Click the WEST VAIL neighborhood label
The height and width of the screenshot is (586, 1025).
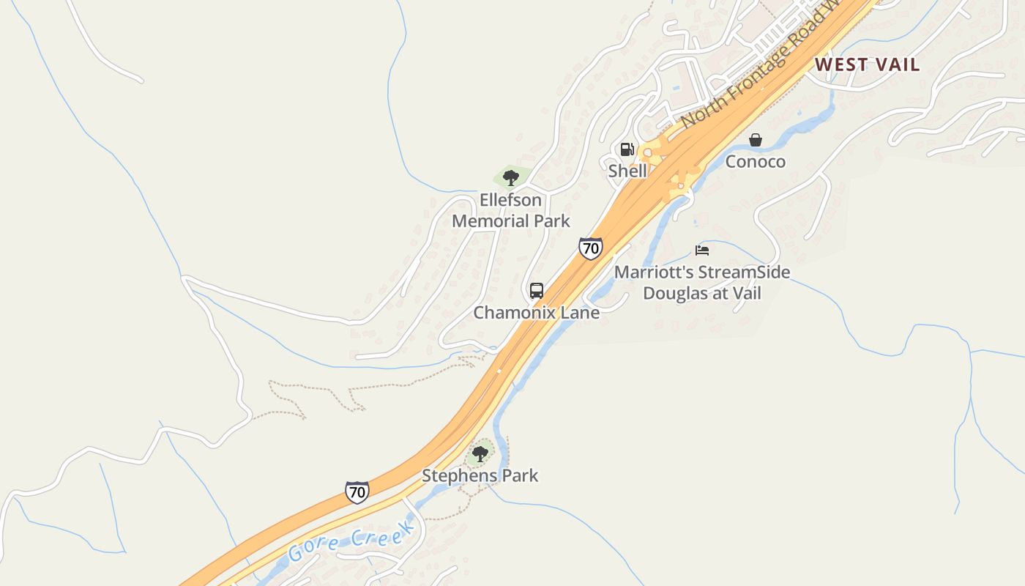(x=867, y=64)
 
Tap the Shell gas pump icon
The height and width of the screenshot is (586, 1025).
(x=627, y=150)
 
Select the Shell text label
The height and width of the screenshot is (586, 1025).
(x=627, y=171)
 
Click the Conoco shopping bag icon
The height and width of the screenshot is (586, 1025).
(x=756, y=140)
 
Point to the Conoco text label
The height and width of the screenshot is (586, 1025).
(x=756, y=161)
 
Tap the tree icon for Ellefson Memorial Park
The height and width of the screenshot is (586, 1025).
(x=511, y=177)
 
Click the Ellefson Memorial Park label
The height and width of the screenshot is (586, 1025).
(x=511, y=210)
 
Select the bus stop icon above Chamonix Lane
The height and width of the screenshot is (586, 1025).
(x=537, y=291)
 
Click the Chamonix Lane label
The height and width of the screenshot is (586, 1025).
(x=537, y=313)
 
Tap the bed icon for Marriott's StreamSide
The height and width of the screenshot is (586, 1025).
(x=702, y=251)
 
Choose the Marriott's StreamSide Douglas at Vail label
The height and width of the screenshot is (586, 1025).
(x=702, y=283)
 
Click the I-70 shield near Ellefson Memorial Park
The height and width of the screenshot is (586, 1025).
(x=590, y=248)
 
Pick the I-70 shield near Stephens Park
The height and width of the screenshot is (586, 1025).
(x=357, y=492)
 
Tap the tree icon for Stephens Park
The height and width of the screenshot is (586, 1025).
(x=480, y=454)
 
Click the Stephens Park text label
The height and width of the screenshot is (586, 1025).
(x=480, y=475)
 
